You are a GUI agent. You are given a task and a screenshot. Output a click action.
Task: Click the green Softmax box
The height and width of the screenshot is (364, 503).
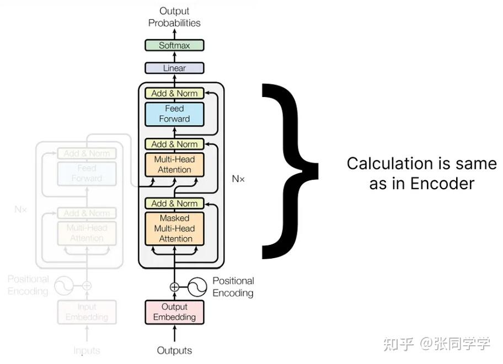point(174,45)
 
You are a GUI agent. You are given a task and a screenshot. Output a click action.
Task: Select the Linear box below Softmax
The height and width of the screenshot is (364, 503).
point(174,68)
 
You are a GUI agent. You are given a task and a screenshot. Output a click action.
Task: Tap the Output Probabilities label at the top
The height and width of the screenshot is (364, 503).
point(174,17)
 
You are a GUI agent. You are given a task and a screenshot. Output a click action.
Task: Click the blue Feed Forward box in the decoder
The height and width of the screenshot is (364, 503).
point(174,114)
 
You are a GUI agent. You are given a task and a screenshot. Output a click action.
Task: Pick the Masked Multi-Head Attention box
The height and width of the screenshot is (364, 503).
point(174,228)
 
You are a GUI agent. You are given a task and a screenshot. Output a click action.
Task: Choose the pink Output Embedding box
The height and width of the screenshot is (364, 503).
point(174,312)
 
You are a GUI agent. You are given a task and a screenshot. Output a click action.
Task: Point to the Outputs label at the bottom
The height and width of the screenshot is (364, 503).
point(174,350)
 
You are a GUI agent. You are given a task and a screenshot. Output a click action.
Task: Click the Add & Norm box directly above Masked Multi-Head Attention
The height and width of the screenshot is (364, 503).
point(174,204)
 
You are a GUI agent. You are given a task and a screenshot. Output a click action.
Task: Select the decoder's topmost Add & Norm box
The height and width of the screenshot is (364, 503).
point(174,93)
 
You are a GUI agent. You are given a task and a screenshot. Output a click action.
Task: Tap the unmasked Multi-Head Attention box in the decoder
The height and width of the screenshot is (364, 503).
point(174,164)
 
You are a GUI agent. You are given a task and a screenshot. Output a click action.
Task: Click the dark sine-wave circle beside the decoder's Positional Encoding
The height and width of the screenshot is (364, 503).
point(197,287)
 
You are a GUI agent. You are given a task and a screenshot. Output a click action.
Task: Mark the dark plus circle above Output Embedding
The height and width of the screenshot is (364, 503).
point(174,287)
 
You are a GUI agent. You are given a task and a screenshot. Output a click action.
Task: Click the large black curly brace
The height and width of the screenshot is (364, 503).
point(290,170)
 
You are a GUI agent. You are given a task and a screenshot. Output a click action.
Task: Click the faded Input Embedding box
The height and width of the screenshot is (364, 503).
point(87,312)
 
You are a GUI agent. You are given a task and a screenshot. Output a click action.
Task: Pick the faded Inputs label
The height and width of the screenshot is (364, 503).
point(87,350)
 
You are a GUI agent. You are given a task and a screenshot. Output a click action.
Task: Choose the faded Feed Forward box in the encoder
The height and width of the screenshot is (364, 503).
point(87,173)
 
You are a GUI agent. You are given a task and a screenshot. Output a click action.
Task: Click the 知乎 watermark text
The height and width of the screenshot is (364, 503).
point(398,345)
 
